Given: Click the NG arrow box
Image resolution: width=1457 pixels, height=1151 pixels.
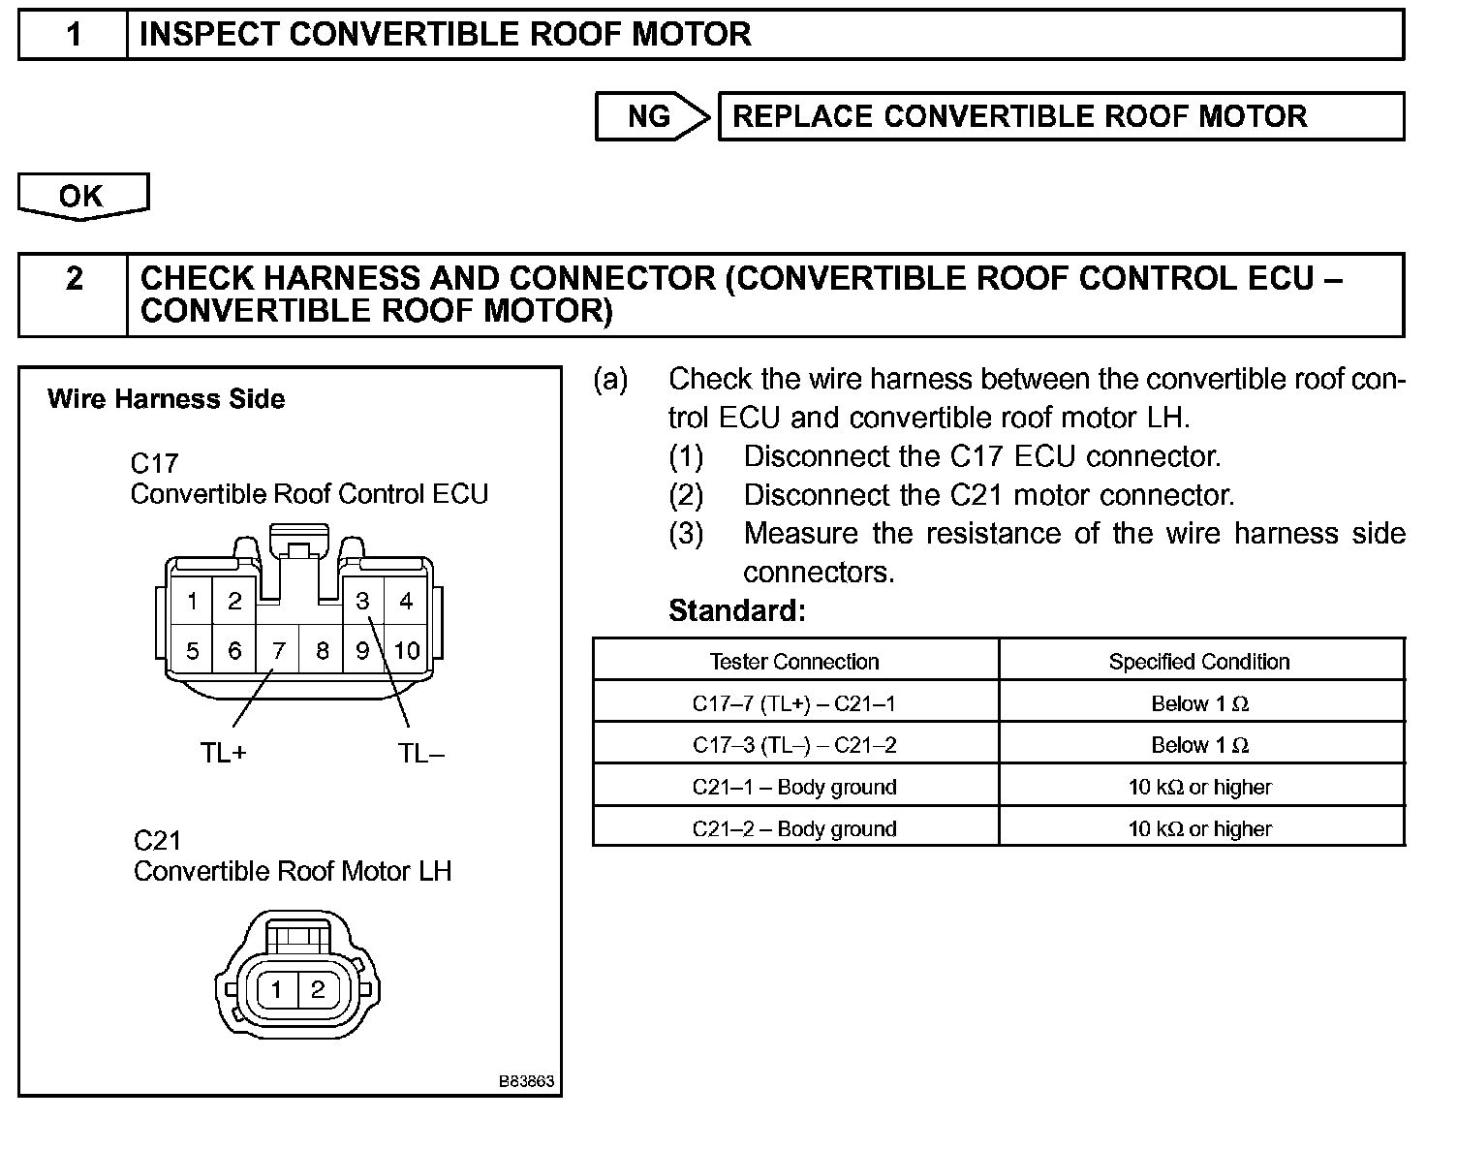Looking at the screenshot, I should (651, 117).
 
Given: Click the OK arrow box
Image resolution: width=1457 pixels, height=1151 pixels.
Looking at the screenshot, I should (82, 196).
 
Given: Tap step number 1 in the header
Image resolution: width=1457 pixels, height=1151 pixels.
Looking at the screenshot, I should (74, 35).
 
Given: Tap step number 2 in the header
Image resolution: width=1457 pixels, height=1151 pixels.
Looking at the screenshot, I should (74, 279).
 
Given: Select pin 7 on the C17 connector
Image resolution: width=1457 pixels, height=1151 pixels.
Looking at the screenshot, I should (278, 650).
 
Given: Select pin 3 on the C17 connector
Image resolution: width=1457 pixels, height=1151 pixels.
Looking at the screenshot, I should (362, 602).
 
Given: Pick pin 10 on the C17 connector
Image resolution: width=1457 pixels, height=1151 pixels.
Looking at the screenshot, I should (407, 650).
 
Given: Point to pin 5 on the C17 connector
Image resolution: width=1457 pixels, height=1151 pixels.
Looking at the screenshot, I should (193, 650).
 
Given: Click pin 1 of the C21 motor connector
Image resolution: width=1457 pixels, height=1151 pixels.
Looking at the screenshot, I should (277, 989).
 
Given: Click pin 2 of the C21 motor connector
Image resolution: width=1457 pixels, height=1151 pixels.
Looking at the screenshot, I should (317, 989).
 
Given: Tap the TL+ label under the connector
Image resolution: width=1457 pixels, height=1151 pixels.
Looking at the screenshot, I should (224, 753).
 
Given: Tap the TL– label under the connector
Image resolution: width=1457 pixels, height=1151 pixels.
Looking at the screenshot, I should (421, 753).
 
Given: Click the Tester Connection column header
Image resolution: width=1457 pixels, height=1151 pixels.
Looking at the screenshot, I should (794, 662).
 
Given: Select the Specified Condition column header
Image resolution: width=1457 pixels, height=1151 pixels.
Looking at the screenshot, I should (1199, 662).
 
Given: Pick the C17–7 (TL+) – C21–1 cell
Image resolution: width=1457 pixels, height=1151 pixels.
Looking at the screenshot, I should (794, 703).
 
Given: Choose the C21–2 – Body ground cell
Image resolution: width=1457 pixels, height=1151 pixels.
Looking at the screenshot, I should (794, 828).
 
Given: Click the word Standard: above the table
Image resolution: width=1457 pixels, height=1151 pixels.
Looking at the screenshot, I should (737, 610).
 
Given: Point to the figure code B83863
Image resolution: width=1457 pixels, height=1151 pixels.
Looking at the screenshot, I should (527, 1081).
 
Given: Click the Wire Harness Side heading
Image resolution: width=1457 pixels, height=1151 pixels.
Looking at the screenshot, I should (166, 399).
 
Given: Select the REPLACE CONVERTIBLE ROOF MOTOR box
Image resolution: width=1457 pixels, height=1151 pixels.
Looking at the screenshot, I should (1060, 117).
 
